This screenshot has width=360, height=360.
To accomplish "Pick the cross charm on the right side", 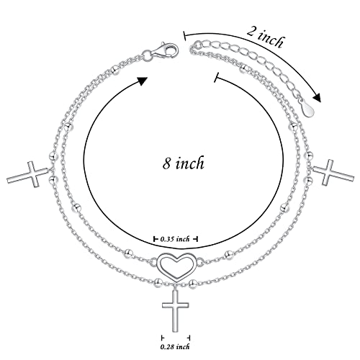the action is coord(333,172).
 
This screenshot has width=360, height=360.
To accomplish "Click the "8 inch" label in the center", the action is coord(184,163).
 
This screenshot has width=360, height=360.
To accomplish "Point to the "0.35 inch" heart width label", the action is coord(175,239).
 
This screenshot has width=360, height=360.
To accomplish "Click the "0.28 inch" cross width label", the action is coord(175,346).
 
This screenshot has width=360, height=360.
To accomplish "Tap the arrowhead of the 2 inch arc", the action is coord(317,98).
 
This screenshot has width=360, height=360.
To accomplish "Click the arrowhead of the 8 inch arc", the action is coord(142,81).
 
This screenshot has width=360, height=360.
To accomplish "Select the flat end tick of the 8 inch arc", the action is coord(217,77).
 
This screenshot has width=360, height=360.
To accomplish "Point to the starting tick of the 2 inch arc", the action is coord(184,35).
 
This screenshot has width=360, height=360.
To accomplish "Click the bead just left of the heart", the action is coord(129,253).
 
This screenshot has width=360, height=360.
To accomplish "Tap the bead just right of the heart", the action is coord(228,254).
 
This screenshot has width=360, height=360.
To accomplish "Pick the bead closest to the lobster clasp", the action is coord(115,70).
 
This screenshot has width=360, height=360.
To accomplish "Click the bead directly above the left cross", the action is coord(53,156).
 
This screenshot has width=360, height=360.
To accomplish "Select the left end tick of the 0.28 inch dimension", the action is coord(163,338).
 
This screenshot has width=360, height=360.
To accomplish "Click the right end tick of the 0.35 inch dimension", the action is coord(196,239).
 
